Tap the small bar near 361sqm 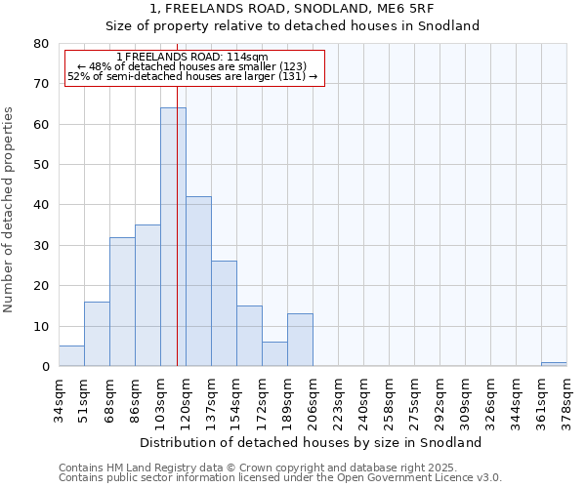click(x=554, y=364)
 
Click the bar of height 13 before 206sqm click(x=300, y=340)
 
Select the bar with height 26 click(x=224, y=313)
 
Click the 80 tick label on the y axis click(x=40, y=44)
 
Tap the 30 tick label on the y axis click(x=40, y=246)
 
